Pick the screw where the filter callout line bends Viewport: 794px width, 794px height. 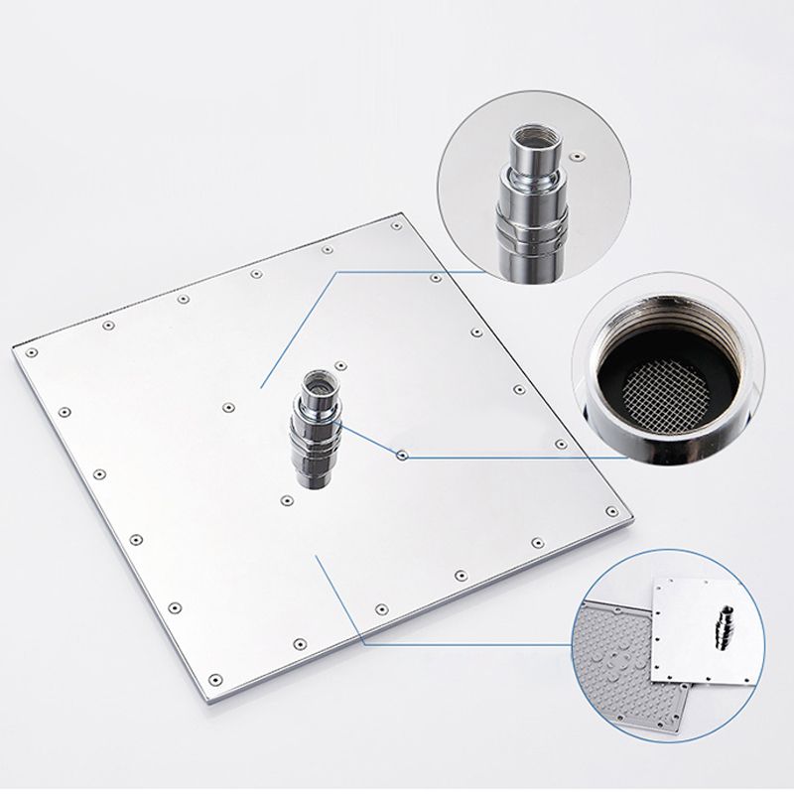[x=402, y=456]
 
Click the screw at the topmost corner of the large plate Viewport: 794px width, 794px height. [x=396, y=225]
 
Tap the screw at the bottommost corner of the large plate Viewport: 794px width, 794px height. [x=215, y=679]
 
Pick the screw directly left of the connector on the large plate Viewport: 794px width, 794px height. [x=228, y=406]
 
